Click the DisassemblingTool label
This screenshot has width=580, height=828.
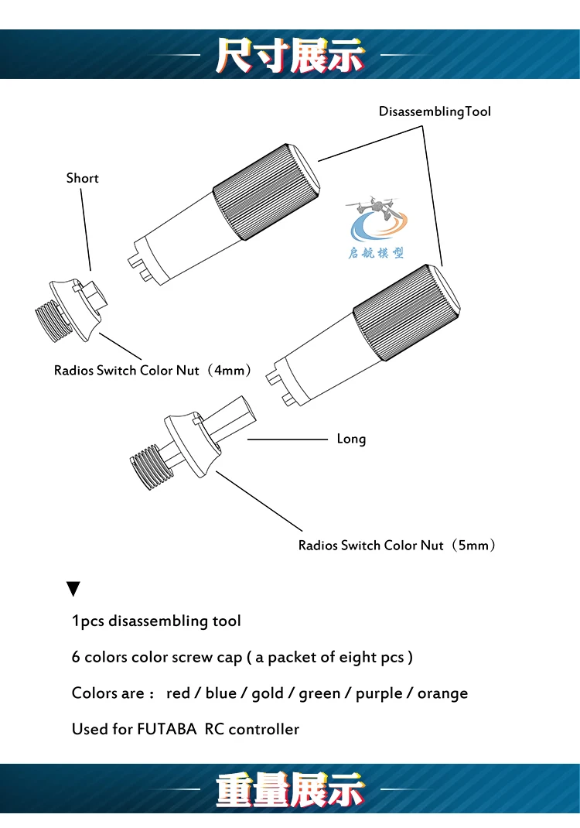point(435,112)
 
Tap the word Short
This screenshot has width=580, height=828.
point(82,178)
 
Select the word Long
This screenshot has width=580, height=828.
point(352,439)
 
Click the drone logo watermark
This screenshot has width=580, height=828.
point(377,227)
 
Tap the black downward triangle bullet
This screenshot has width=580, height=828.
point(73,589)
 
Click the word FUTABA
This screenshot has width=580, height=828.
point(167,729)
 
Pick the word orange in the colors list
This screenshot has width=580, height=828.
point(443,694)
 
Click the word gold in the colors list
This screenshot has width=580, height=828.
point(268,693)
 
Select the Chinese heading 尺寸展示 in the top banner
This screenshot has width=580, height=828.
point(290,56)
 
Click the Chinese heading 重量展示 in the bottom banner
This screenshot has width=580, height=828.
point(290,789)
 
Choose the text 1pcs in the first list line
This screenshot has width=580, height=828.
point(87,621)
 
